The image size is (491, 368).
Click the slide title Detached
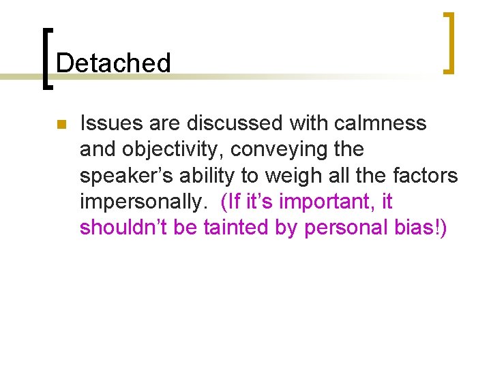coord(113,63)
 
